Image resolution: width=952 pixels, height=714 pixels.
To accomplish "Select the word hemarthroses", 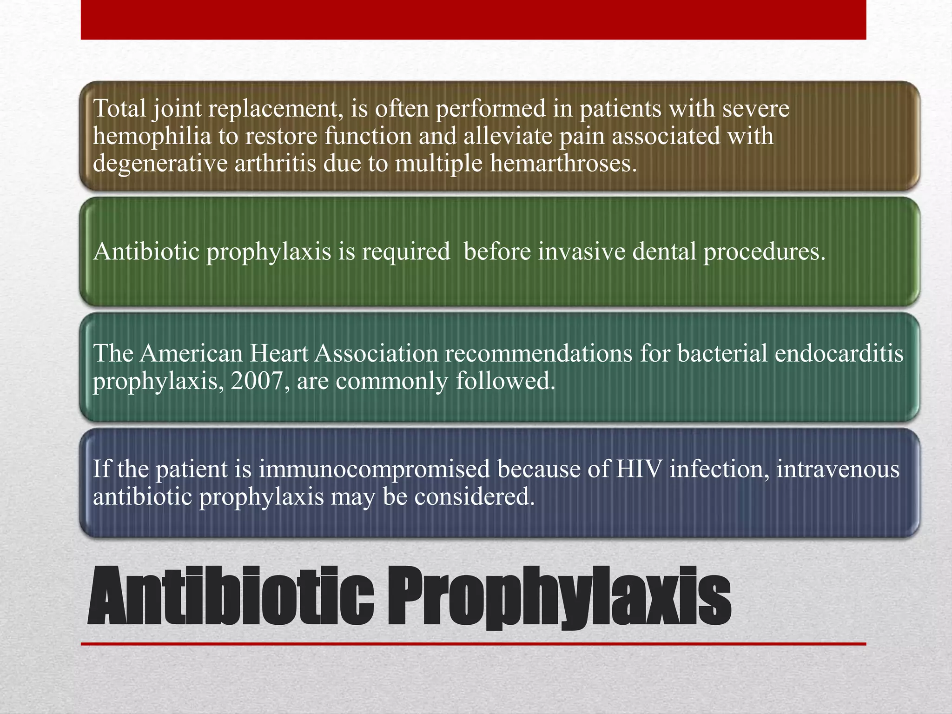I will (x=563, y=164).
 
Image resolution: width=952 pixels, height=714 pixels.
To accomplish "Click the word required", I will (x=406, y=251).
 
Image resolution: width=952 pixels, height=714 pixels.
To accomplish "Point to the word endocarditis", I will (x=839, y=353).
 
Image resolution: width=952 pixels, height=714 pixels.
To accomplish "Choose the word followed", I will (x=505, y=381).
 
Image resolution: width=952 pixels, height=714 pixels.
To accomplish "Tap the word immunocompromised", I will (x=374, y=469).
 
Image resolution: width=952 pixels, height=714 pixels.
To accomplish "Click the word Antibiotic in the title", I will (x=231, y=596).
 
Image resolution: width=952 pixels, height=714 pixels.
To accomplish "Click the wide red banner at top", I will (x=473, y=20).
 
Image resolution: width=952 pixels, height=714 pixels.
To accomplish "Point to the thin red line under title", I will (x=473, y=644).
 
